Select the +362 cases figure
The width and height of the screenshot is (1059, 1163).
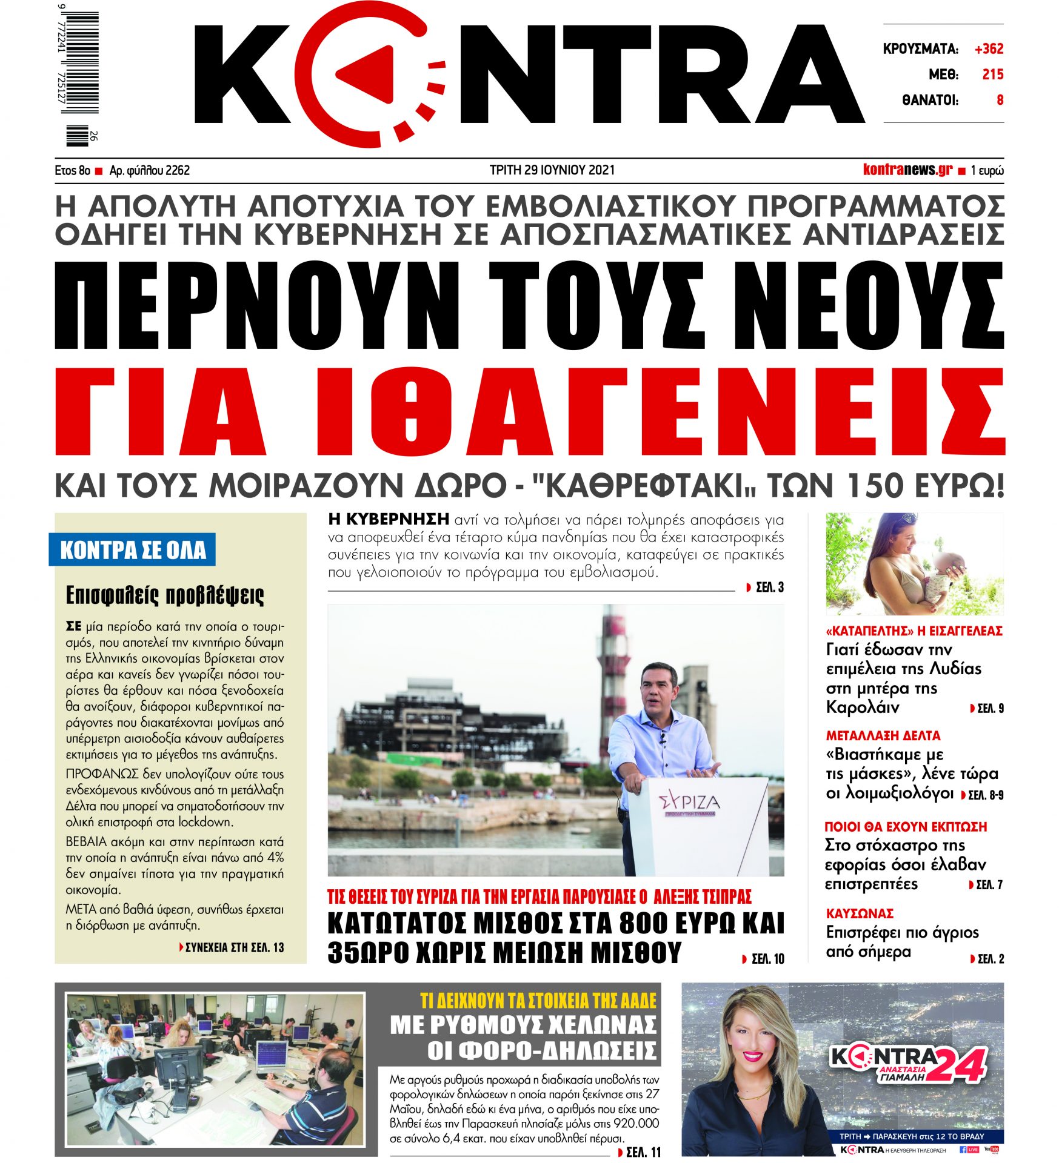989,49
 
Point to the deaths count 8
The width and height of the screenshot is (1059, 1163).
1000,100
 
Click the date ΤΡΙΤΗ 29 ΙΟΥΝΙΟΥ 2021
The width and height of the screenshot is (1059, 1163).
552,170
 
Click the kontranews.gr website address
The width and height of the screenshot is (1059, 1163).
907,170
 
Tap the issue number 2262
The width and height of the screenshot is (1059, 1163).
178,171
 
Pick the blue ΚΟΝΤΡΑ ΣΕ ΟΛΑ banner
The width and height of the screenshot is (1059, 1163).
133,549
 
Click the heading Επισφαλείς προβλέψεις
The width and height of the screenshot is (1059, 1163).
164,595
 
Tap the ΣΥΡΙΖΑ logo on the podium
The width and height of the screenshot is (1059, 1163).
689,802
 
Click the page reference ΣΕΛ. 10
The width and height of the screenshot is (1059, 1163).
767,959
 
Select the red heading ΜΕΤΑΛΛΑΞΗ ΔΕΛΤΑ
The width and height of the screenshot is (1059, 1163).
883,735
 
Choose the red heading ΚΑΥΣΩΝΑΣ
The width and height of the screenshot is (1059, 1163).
860,913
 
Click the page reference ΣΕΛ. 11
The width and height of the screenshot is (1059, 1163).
643,1151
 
